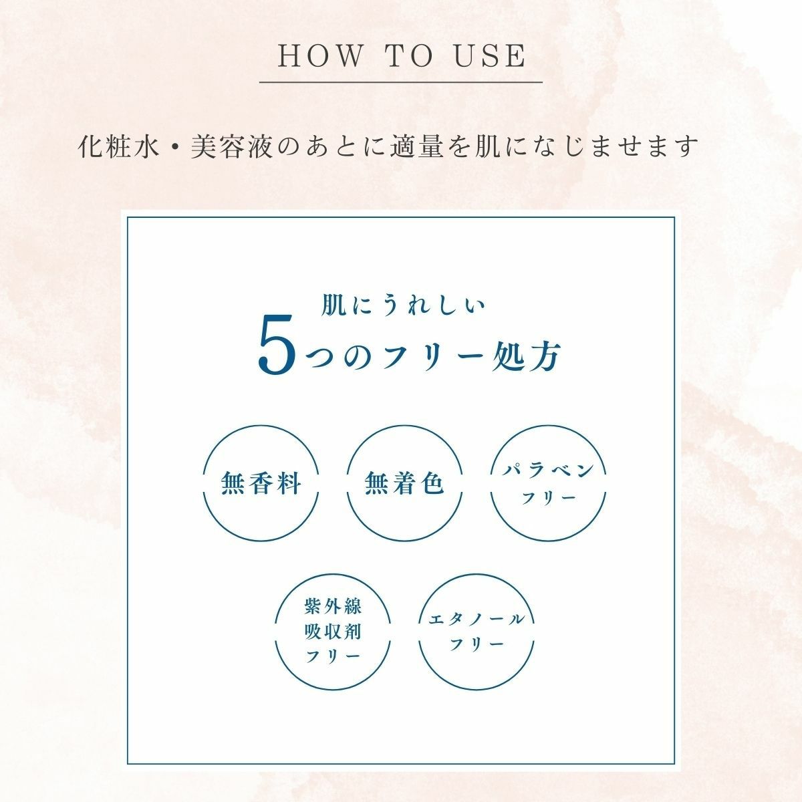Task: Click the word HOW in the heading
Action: coord(319,55)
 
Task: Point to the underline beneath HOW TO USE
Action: coord(401,82)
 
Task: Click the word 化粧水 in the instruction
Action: coord(119,146)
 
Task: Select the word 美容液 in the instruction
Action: coord(231,146)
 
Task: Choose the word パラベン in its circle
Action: coord(548,471)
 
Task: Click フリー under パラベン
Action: coord(548,498)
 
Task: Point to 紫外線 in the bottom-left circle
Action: coord(333,607)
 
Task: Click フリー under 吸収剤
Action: coord(333,657)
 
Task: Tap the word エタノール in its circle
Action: coord(476,620)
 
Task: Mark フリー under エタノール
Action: coord(476,645)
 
